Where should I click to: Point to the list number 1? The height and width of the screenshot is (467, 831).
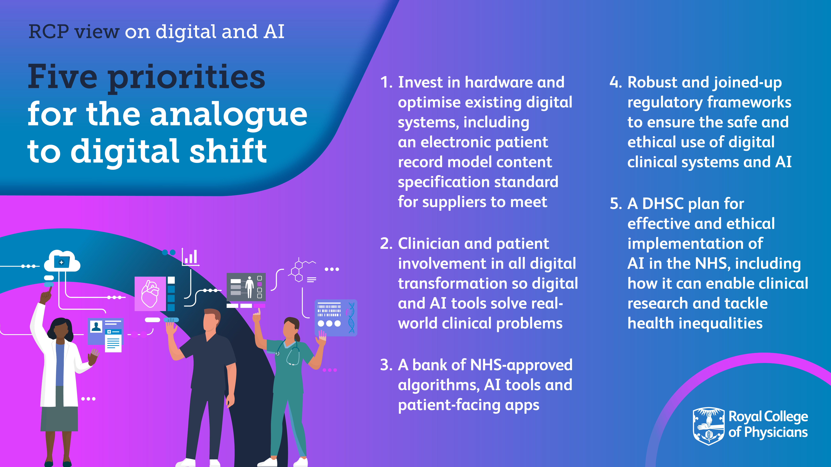386,83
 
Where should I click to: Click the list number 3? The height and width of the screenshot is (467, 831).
386,365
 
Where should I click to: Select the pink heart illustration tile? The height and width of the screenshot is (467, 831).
150,294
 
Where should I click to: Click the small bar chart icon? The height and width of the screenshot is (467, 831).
190,257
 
